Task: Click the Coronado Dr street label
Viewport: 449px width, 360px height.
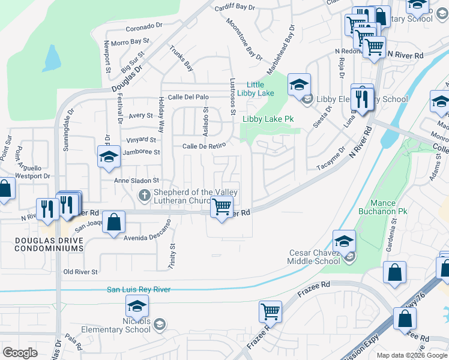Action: click(x=144, y=26)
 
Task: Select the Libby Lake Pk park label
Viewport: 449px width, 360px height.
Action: click(x=268, y=119)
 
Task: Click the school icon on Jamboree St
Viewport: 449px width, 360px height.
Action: click(x=108, y=157)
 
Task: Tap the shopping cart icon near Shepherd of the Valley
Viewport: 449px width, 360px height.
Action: click(x=222, y=208)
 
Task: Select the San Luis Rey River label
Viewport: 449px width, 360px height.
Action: click(x=139, y=289)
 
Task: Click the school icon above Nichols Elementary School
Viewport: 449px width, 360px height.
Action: click(x=137, y=307)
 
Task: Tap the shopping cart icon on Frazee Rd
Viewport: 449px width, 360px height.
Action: click(x=271, y=312)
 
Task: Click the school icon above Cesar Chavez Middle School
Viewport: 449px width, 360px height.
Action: click(x=344, y=241)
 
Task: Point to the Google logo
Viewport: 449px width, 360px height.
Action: click(x=20, y=353)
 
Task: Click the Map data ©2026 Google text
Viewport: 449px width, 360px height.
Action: click(x=412, y=355)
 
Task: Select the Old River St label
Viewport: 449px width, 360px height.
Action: click(x=80, y=272)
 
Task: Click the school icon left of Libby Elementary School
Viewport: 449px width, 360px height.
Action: click(x=299, y=85)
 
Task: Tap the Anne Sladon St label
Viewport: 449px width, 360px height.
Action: click(x=137, y=180)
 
